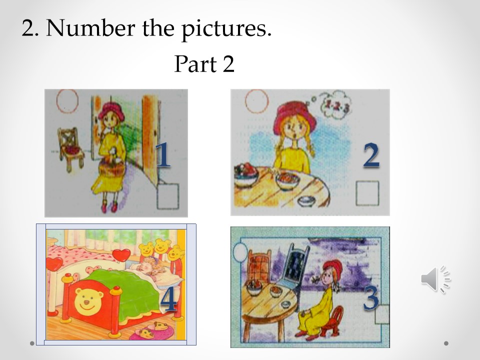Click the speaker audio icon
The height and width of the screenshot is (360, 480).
click(435, 279)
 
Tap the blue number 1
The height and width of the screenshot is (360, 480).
click(163, 154)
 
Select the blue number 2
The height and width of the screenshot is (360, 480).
click(371, 155)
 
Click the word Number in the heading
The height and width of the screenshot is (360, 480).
click(90, 28)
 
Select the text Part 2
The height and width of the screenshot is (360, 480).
click(204, 63)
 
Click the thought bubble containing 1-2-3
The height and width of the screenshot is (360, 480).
click(335, 105)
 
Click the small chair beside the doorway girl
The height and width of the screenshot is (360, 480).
click(70, 149)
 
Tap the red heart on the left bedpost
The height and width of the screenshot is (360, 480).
click(54, 263)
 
